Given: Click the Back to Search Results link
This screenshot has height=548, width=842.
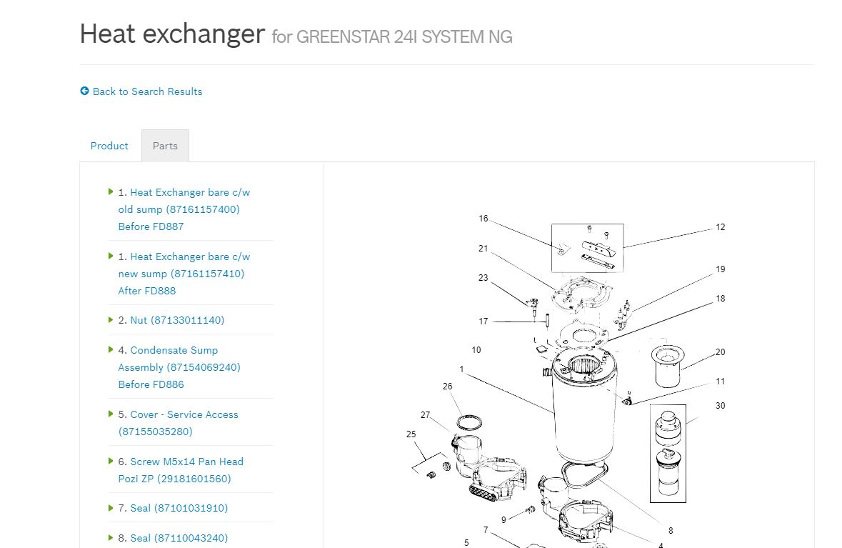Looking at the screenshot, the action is [147, 91].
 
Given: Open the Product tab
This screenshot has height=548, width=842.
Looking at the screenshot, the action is [109, 146].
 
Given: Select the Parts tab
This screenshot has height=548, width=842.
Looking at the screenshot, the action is [165, 146].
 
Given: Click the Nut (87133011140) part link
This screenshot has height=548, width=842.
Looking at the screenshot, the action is [177, 320].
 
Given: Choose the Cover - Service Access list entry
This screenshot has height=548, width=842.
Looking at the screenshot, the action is [178, 423].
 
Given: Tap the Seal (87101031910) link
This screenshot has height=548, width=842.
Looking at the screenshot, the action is [179, 508].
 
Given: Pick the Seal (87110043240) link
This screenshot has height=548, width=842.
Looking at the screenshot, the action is [179, 538].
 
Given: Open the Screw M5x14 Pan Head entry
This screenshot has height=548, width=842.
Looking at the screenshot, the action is [181, 470].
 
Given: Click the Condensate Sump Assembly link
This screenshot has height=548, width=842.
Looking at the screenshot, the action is [179, 367].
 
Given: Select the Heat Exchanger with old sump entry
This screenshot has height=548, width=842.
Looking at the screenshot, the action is [184, 209].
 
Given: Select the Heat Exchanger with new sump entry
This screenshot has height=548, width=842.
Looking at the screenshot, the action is [184, 274].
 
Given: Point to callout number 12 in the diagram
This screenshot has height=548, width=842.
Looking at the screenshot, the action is [721, 227].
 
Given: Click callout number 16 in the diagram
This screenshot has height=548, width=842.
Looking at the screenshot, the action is [483, 219].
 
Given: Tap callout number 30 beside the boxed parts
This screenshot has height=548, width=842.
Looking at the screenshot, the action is [720, 406].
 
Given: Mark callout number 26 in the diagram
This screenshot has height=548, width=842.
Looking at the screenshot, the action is [447, 387].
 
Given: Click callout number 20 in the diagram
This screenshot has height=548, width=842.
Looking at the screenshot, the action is [720, 352].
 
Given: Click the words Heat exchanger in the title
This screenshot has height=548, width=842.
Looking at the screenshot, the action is [172, 34].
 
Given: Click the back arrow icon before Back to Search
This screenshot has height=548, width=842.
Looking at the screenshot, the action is [84, 91].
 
